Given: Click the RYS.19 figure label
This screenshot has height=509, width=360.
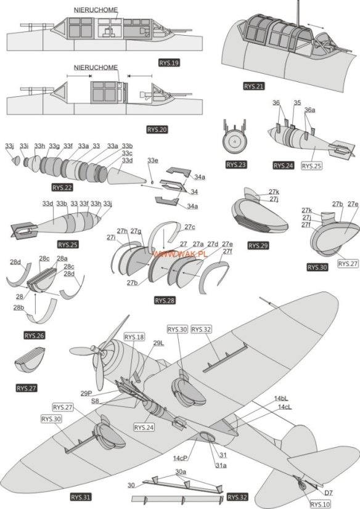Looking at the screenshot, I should tap(168, 63).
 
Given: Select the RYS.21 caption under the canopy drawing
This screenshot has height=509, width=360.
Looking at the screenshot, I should tap(253, 87).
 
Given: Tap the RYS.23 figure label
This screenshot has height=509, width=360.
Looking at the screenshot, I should tap(235, 165).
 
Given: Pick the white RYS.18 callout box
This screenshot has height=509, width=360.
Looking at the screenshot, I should tap(134, 337).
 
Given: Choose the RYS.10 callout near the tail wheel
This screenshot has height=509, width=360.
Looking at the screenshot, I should tap(320, 503).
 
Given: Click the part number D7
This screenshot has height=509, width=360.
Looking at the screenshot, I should tap(329, 492).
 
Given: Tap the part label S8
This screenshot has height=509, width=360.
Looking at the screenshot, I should tap(95, 401).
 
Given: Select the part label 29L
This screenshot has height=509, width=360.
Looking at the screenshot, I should tap(158, 343).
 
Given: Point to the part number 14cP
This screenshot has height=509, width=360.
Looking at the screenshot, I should tap(180, 458).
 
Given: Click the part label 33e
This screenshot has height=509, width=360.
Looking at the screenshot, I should tap(152, 160).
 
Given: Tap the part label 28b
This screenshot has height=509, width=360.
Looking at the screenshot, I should tap(19, 307).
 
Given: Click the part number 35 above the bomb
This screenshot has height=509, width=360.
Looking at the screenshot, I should tap(297, 103).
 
